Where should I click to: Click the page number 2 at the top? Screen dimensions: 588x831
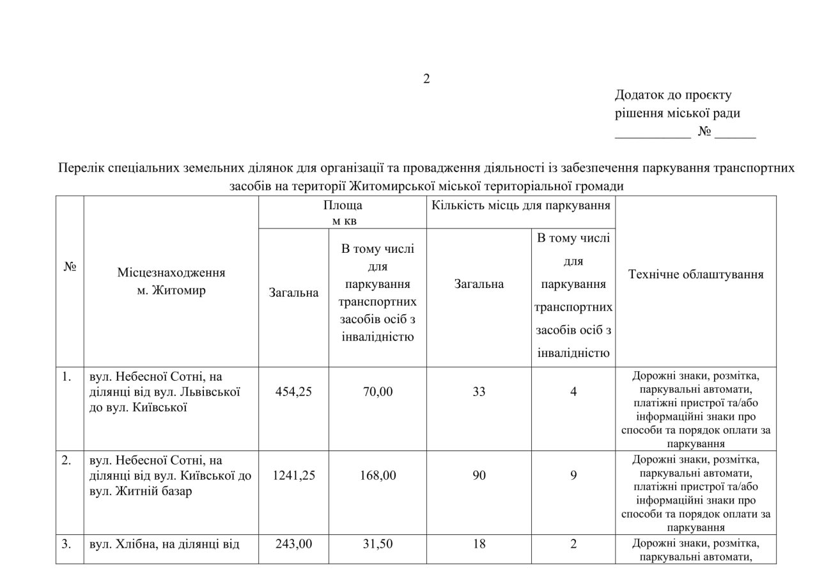click(x=426, y=79)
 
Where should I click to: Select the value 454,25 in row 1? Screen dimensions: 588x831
click(x=293, y=392)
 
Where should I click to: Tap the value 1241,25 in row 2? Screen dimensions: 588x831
click(x=293, y=475)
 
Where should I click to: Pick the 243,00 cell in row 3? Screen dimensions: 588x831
click(x=293, y=544)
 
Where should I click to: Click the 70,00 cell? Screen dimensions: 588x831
click(x=378, y=392)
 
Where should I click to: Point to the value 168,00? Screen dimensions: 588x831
click(x=378, y=475)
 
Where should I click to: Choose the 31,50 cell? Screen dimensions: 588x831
click(x=378, y=544)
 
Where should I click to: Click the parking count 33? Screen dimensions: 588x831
click(x=479, y=392)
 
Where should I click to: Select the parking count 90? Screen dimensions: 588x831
click(x=479, y=475)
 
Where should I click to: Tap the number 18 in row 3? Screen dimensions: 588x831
click(x=479, y=544)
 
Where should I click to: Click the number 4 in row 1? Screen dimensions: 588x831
click(x=573, y=392)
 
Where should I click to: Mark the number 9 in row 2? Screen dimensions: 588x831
click(x=573, y=475)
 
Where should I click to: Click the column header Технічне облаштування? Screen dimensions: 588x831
click(x=695, y=274)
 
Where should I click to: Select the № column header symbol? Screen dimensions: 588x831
click(x=70, y=267)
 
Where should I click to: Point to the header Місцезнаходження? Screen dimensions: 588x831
click(x=171, y=273)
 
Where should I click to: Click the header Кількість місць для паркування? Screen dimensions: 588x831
click(x=520, y=205)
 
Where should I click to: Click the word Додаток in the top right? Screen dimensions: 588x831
click(x=641, y=95)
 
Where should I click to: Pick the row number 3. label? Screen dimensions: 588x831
click(x=66, y=544)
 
